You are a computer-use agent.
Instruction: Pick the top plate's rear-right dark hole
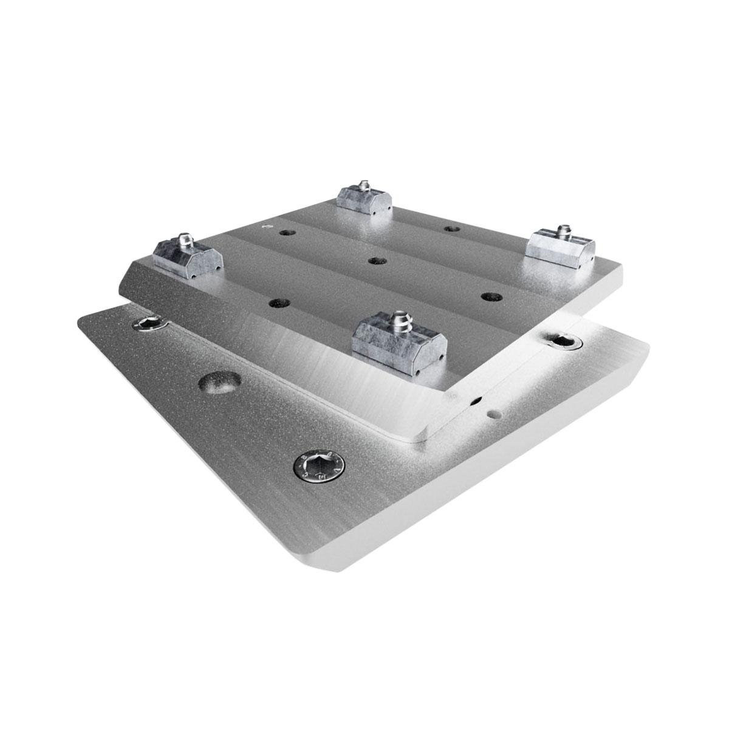tap(450, 228)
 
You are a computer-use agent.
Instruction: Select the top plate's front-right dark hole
tap(488, 296)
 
